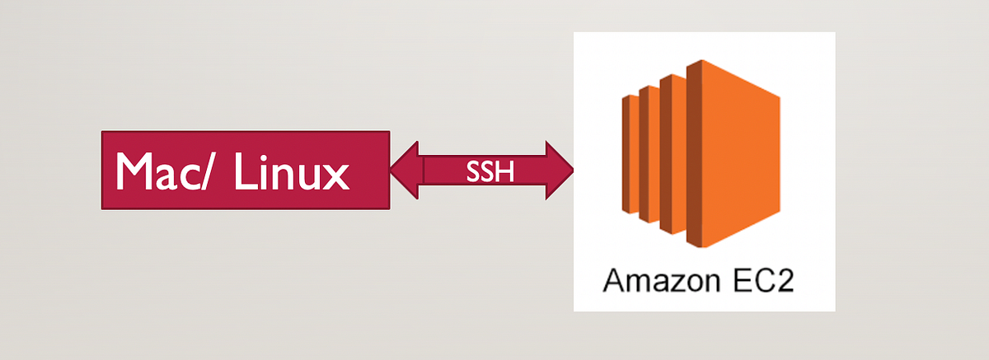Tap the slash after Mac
(206, 171)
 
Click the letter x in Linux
(337, 175)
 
